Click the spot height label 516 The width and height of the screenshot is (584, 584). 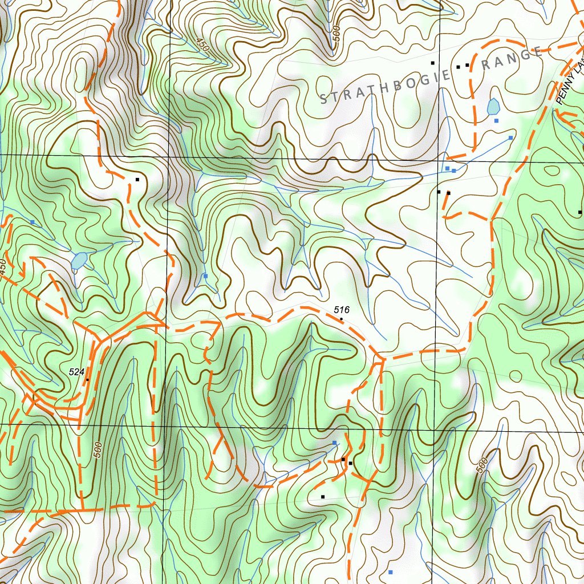pos(342,310)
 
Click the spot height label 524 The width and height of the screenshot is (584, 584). pos(76,372)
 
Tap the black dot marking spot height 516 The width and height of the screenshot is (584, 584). pos(342,320)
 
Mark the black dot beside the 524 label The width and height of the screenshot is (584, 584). pos(87,379)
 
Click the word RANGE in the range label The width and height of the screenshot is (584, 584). pos(512,59)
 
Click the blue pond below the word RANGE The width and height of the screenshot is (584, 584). pos(493,106)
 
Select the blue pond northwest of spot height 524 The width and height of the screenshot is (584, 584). pos(79,261)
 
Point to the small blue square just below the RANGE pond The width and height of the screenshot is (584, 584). pos(496,121)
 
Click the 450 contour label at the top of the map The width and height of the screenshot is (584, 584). pos(201,45)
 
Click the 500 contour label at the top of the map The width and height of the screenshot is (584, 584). pos(336,34)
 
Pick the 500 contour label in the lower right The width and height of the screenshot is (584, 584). pos(482,465)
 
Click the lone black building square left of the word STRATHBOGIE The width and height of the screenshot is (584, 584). pos(137,180)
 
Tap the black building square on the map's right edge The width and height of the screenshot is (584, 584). pos(580,212)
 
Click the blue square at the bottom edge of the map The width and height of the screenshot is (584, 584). pos(391,571)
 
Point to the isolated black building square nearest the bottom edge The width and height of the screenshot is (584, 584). pos(323,497)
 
